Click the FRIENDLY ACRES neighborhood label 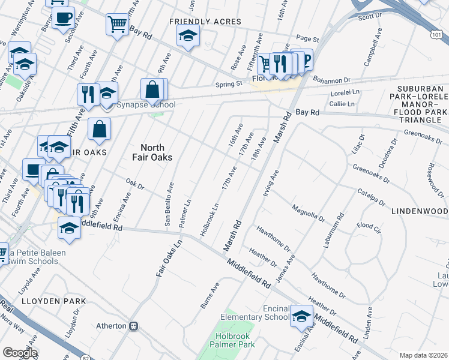[205, 22]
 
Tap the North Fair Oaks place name [156, 152]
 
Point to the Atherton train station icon [134, 326]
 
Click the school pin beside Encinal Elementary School [301, 316]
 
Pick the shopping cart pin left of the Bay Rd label [117, 25]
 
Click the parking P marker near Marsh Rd [306, 59]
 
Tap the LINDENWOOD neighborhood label [420, 212]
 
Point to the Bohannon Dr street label [330, 80]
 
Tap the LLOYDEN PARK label [54, 301]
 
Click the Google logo [19, 353]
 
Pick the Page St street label [307, 39]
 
